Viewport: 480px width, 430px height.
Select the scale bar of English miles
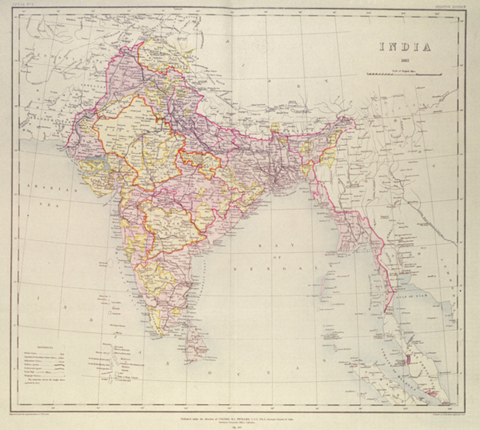[404, 74]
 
